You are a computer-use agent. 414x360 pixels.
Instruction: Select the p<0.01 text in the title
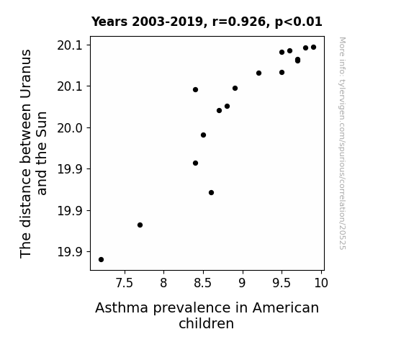tap(298, 22)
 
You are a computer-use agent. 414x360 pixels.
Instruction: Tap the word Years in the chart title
tap(109, 22)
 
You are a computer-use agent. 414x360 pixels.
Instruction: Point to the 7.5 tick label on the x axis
tap(125, 283)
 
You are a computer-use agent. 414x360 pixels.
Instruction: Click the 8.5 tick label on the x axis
tap(203, 283)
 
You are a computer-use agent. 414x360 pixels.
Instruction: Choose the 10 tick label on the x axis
tap(321, 283)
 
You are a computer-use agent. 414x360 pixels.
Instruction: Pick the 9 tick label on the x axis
tap(242, 283)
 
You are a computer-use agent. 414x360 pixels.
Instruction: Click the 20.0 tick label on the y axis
tap(70, 128)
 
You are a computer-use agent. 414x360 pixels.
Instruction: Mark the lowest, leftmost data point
tap(101, 260)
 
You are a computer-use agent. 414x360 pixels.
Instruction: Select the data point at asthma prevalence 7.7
tap(140, 225)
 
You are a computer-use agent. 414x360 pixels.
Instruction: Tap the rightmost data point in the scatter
tap(313, 48)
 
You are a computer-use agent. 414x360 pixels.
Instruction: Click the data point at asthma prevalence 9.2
tap(258, 73)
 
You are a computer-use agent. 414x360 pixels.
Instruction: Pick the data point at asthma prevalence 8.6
tap(211, 193)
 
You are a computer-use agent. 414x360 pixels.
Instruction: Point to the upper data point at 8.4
tap(195, 90)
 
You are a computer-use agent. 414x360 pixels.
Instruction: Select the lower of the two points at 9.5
tap(282, 73)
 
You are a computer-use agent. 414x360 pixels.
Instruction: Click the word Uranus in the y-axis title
tap(26, 74)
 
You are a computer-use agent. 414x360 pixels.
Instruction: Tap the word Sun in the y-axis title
tap(42, 124)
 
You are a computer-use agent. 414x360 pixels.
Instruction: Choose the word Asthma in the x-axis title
tap(122, 308)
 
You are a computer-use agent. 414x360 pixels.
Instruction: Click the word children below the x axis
tap(207, 323)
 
